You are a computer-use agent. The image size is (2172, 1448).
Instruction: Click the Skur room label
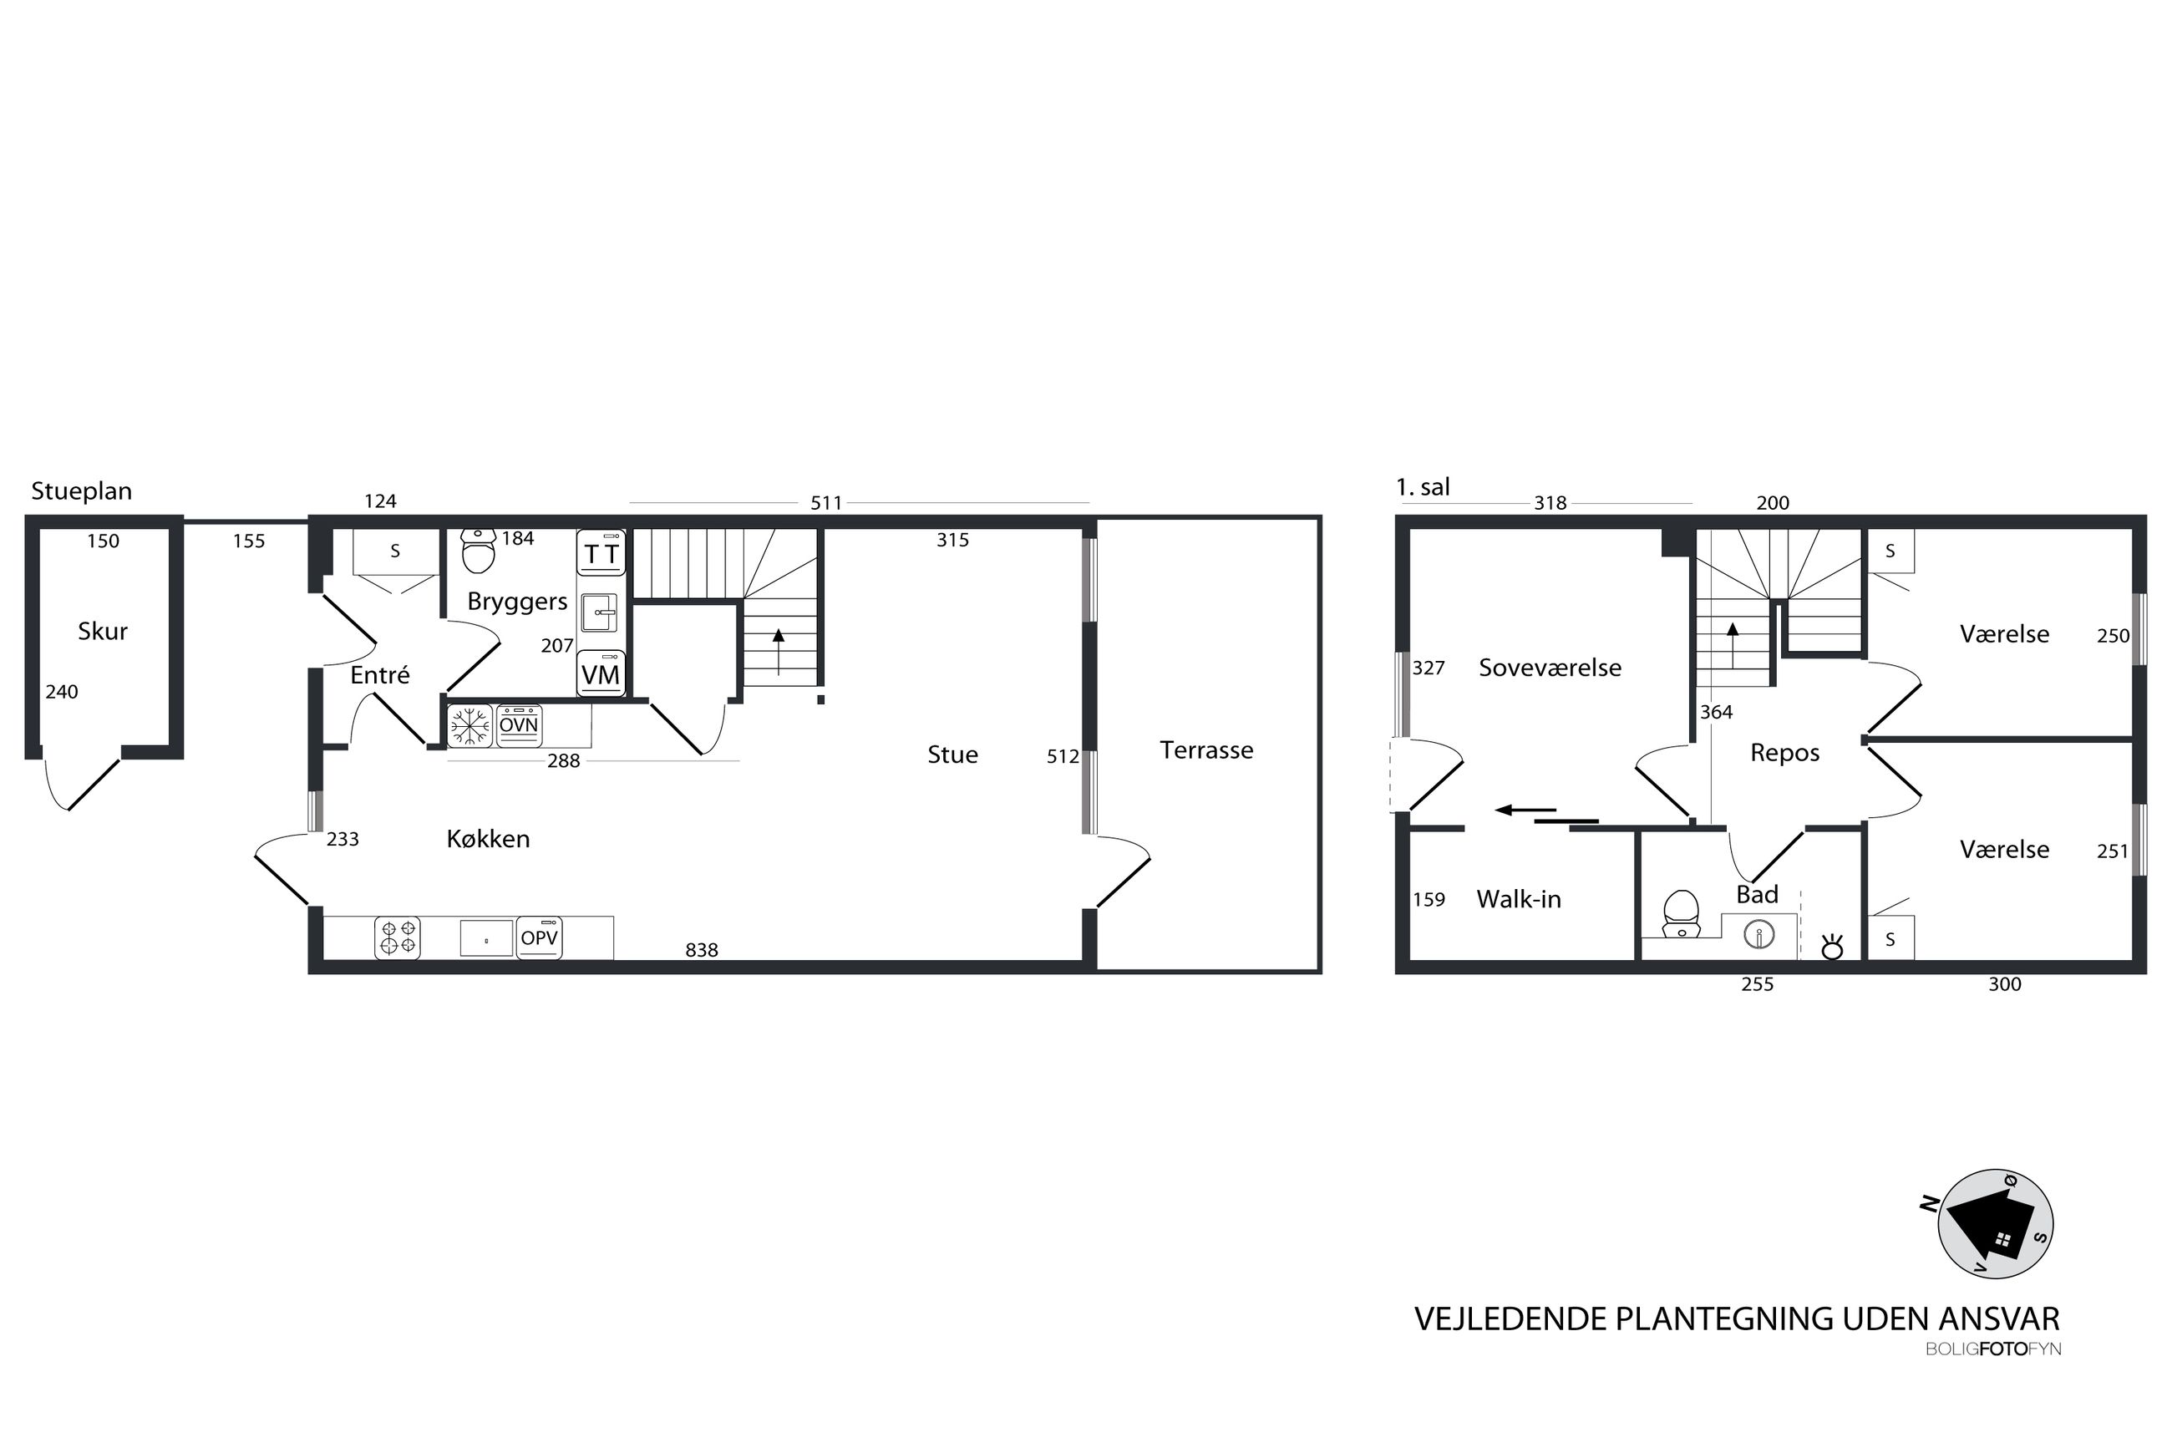pos(103,632)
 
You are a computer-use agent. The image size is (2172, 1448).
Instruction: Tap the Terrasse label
pos(1206,749)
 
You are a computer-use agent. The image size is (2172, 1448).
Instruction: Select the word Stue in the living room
pos(952,754)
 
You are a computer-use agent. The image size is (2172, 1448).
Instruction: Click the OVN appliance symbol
pos(519,726)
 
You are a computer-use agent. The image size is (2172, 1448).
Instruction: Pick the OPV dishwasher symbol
pos(539,937)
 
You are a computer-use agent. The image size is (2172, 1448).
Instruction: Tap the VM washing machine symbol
pos(601,673)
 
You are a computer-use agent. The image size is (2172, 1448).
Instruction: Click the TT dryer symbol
pos(601,553)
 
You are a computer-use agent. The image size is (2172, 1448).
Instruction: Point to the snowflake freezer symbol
pos(469,726)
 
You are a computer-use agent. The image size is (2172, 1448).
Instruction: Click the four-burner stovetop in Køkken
pos(398,937)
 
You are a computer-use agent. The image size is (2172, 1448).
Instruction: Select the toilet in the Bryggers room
pos(478,551)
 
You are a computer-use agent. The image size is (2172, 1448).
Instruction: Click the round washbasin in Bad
pos(1759,936)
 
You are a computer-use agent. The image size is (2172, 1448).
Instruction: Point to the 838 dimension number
pos(702,950)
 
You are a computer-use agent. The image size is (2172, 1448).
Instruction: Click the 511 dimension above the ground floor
pos(826,503)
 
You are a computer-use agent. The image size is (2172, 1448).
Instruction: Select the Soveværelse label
pos(1550,668)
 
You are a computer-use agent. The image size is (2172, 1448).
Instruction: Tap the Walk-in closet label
pos(1519,899)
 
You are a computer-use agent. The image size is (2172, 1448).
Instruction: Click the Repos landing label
pos(1784,754)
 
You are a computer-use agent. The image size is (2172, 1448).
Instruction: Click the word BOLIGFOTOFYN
pos(1993,1349)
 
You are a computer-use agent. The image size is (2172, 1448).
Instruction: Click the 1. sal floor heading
pos(1423,486)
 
